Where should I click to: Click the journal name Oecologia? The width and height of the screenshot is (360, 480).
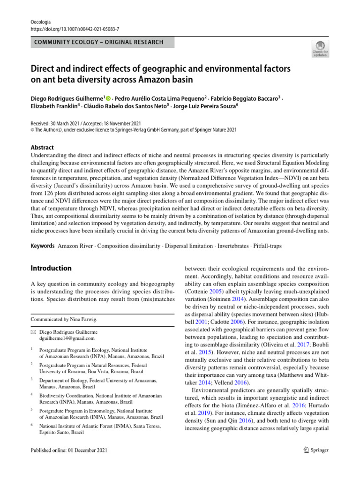click(40, 22)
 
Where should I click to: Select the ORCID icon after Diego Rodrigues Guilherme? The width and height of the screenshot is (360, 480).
click(108, 98)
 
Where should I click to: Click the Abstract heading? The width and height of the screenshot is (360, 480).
click(42, 147)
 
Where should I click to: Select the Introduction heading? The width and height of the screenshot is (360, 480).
click(51, 268)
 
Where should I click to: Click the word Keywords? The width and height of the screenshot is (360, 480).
click(42, 246)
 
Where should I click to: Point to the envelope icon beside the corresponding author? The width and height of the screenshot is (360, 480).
click(33, 331)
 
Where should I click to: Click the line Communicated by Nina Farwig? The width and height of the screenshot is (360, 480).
click(64, 319)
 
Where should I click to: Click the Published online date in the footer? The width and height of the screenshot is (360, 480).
click(69, 450)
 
